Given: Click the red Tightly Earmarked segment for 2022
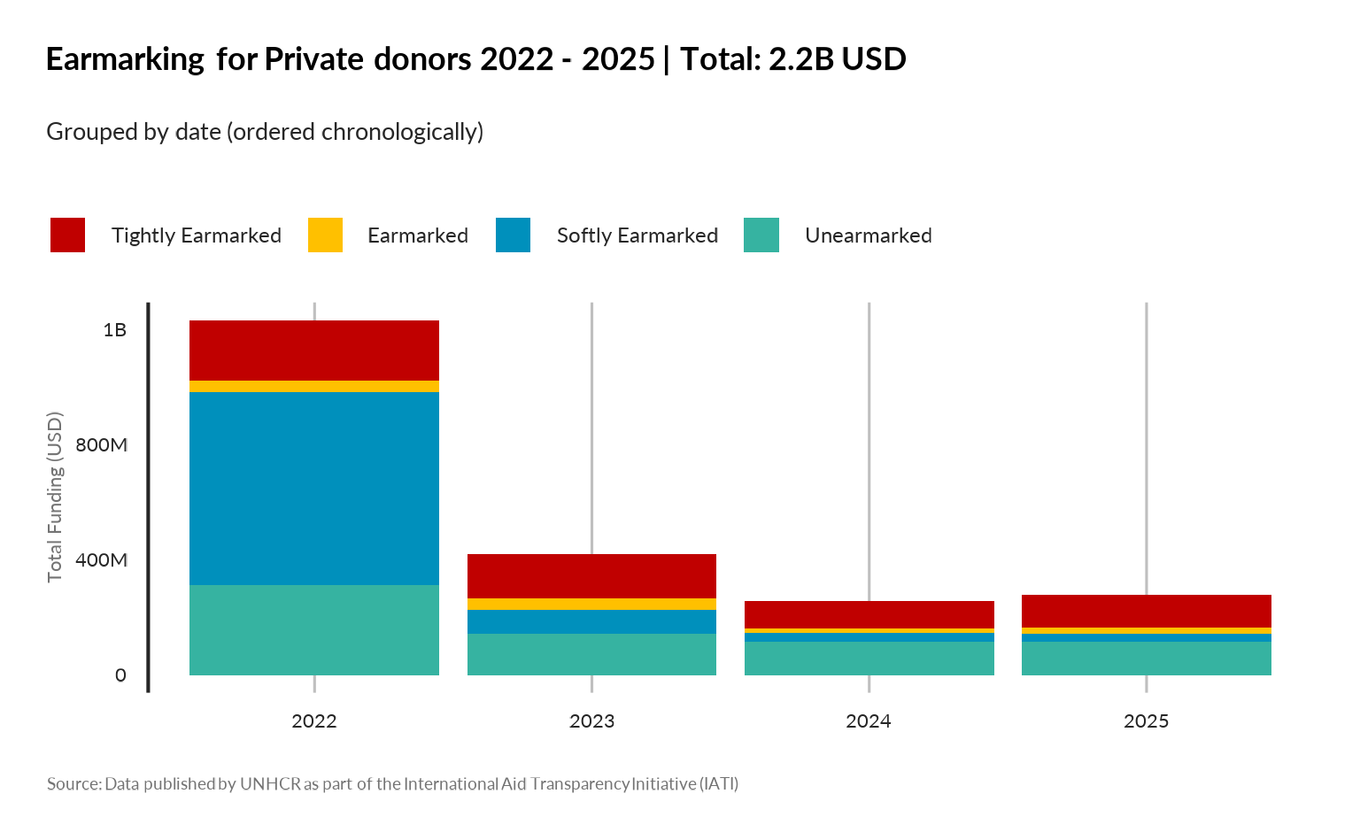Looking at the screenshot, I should [314, 351].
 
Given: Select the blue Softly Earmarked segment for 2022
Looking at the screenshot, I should [314, 489].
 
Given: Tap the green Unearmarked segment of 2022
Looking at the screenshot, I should [314, 630].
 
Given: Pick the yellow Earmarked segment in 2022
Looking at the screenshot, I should [314, 387].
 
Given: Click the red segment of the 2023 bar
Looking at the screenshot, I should [591, 576].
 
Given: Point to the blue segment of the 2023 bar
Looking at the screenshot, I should [591, 621].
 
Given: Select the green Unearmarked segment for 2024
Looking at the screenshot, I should [869, 659].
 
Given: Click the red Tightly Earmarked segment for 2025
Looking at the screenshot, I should [1146, 611].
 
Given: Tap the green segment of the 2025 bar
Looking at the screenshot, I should [1146, 659].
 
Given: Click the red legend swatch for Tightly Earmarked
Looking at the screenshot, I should [68, 235].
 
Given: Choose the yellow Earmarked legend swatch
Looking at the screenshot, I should [325, 235].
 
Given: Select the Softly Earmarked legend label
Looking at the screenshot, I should [637, 235].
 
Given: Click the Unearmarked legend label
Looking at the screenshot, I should [868, 235].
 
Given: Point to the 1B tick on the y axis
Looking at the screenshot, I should [115, 330].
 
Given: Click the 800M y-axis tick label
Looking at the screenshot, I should [101, 445].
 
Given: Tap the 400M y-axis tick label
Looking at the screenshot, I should [101, 560].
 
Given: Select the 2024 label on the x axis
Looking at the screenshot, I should [869, 721].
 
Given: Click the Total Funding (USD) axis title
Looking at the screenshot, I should [56, 497].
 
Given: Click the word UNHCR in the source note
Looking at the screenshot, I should [270, 784].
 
